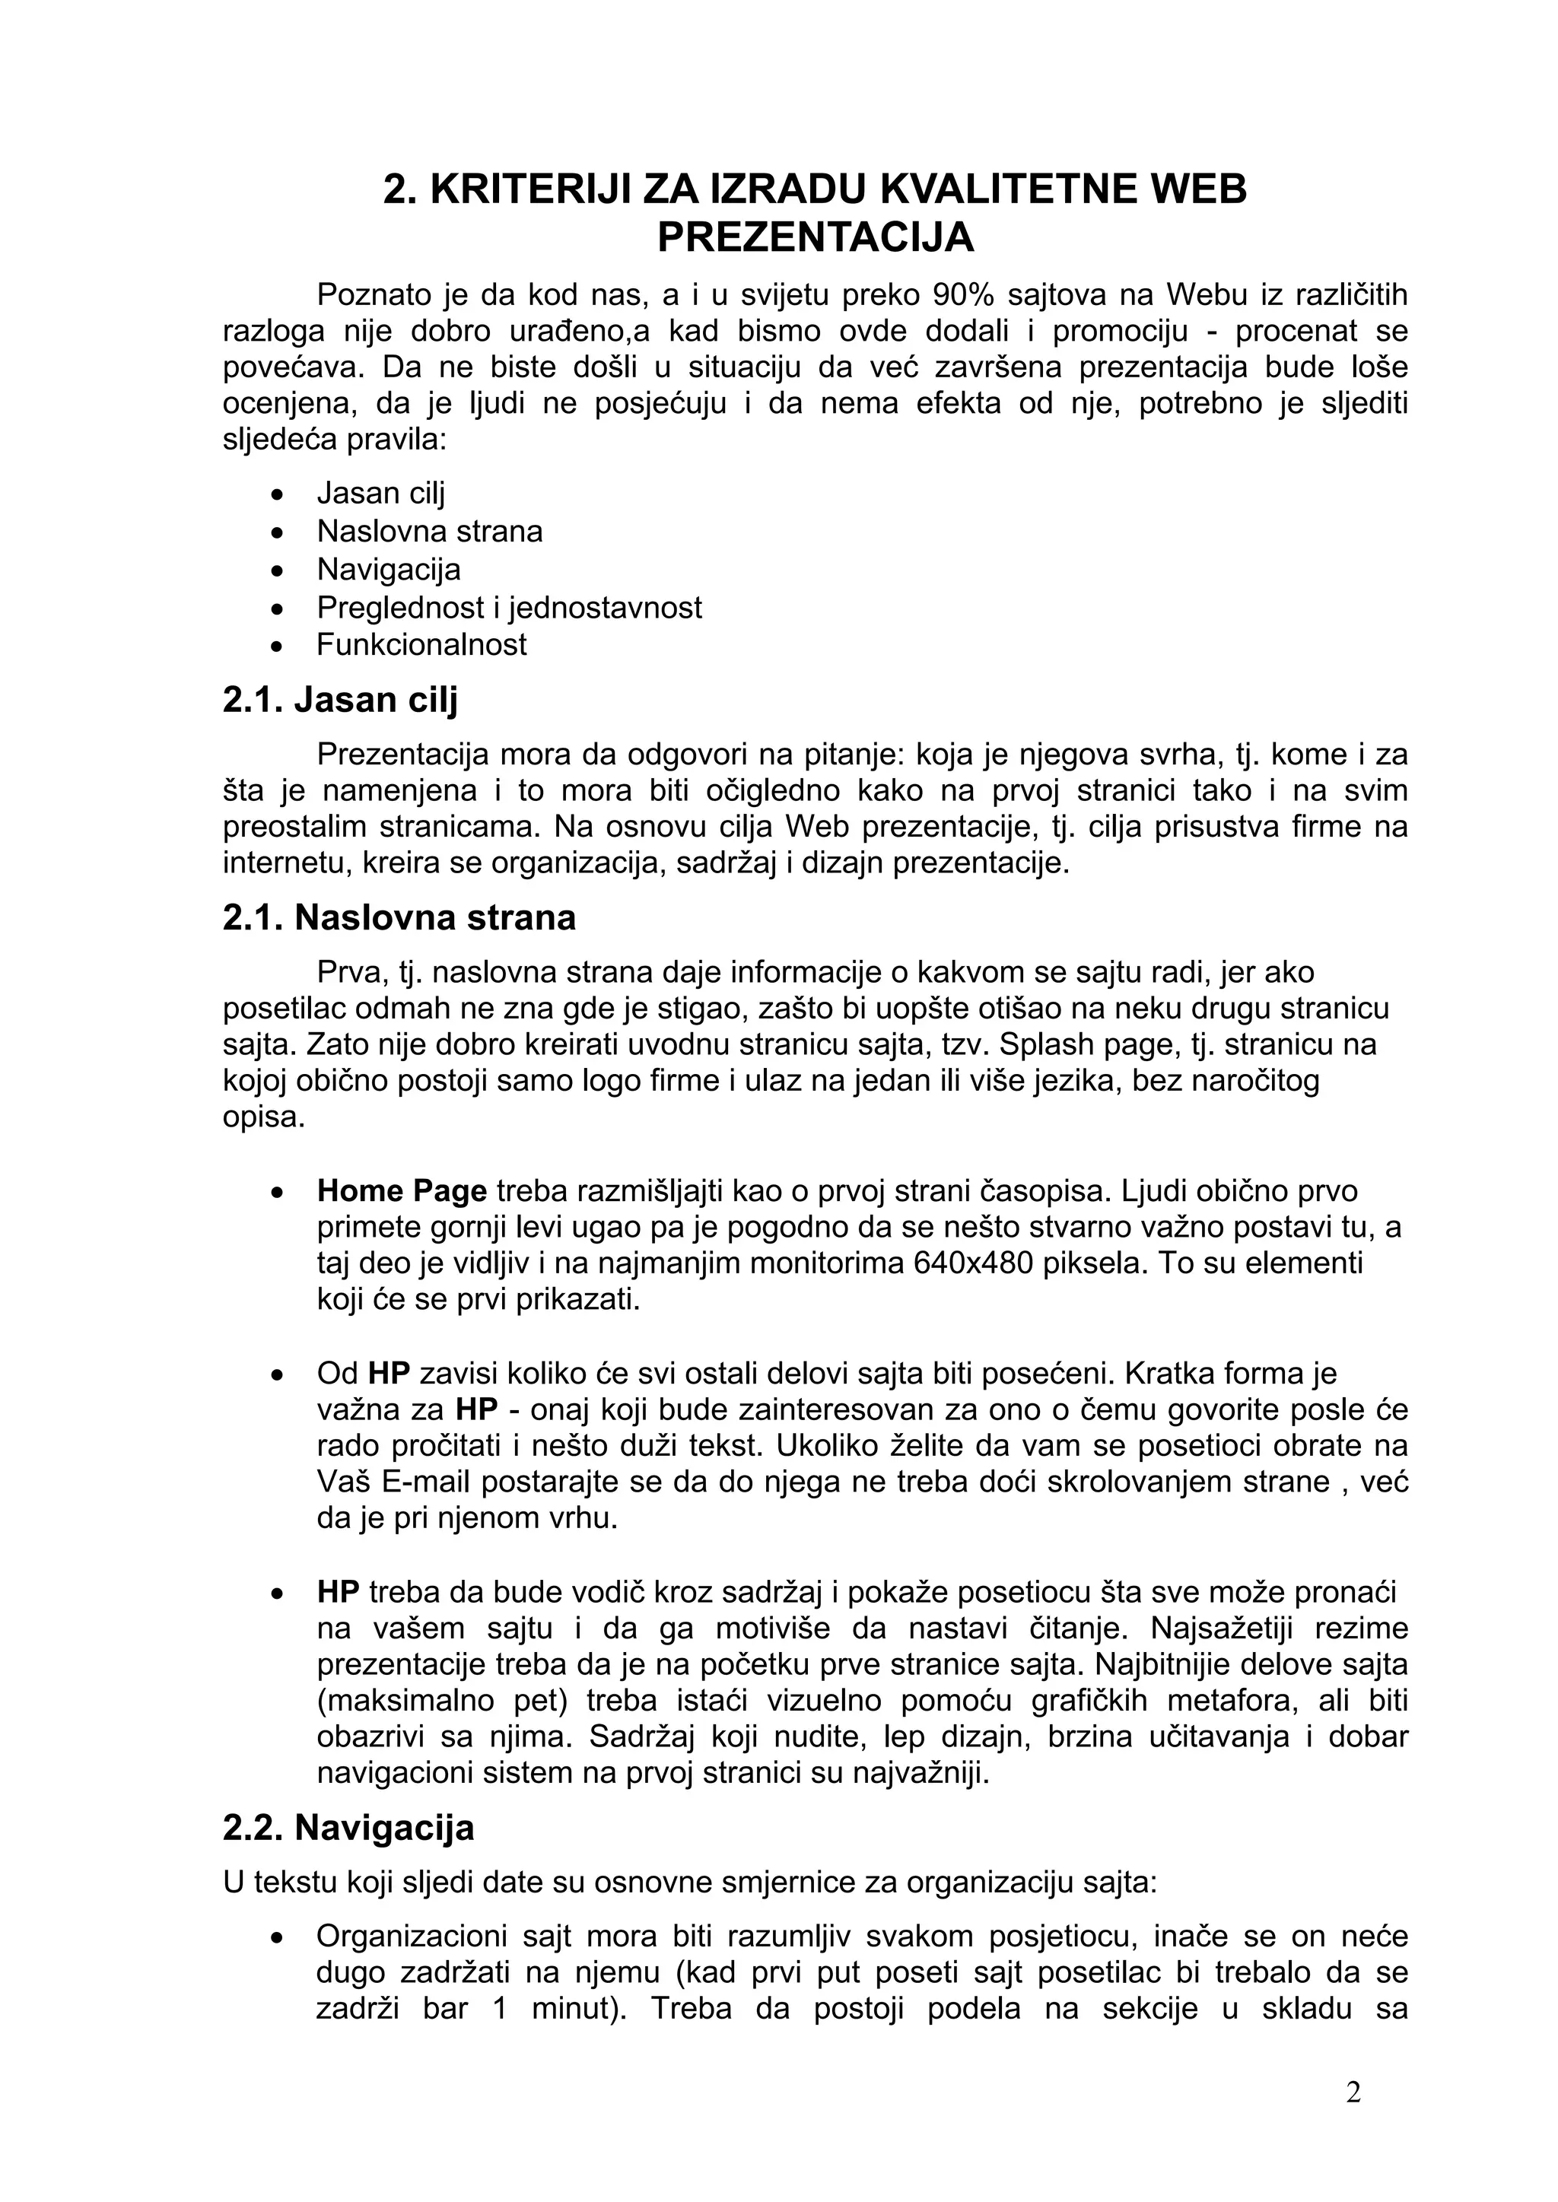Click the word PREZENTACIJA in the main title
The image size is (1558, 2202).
pos(816,237)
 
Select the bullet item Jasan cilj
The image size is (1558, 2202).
pos(381,493)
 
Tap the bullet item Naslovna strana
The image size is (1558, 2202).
pos(430,532)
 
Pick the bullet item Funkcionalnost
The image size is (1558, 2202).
pos(421,643)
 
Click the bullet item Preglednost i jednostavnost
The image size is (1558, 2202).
pos(510,607)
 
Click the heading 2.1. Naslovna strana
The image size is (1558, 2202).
pos(399,918)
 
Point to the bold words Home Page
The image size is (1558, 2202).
pos(402,1191)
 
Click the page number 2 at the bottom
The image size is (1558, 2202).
pos(1353,2092)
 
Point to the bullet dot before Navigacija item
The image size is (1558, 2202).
pos(277,570)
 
